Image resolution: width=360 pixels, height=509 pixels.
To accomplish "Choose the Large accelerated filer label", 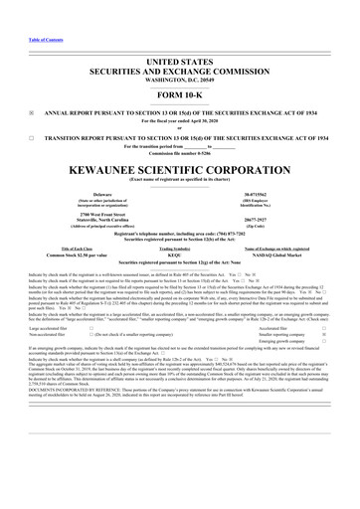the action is tap(38, 351).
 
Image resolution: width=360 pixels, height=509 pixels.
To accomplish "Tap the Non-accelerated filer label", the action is tap(36, 358).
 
